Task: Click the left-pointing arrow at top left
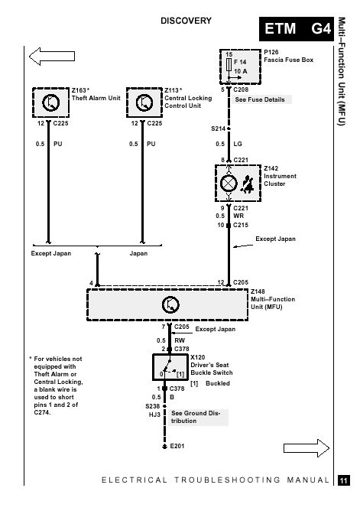click(52, 56)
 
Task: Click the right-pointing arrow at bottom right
click(306, 447)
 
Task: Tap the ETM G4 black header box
click(296, 29)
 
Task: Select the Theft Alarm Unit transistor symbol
click(50, 102)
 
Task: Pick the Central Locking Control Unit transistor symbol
click(144, 102)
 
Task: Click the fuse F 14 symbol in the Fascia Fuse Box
click(229, 64)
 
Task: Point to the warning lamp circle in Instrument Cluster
click(229, 184)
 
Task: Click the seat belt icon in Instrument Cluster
click(247, 184)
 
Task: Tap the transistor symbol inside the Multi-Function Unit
click(170, 304)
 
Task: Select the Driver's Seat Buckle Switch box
click(170, 367)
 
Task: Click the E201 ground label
click(177, 446)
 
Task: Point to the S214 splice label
click(218, 128)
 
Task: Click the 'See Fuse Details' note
click(260, 99)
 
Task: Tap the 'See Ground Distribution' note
click(196, 417)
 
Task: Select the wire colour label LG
click(238, 144)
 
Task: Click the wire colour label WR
click(238, 216)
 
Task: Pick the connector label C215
click(241, 225)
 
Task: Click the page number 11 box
click(344, 480)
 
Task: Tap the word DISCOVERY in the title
click(186, 21)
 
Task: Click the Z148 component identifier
click(258, 291)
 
